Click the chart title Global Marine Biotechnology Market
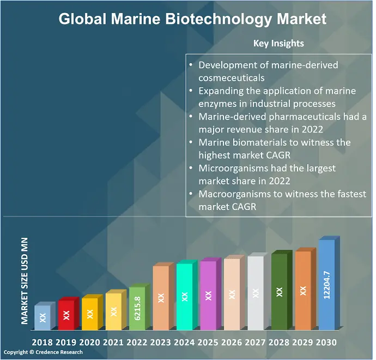(192, 20)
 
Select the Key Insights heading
(278, 43)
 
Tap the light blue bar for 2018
(43, 317)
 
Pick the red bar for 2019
(66, 315)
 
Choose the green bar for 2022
(137, 309)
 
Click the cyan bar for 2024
(184, 297)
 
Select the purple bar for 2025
(208, 296)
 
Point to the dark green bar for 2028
(279, 291)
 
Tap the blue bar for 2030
(326, 285)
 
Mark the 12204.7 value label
(326, 285)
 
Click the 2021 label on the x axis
(113, 343)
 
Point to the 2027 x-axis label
(256, 343)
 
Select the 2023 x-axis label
(161, 343)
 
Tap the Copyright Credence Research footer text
(44, 352)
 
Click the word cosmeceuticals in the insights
(232, 78)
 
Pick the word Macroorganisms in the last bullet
(235, 194)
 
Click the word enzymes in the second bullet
(216, 104)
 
